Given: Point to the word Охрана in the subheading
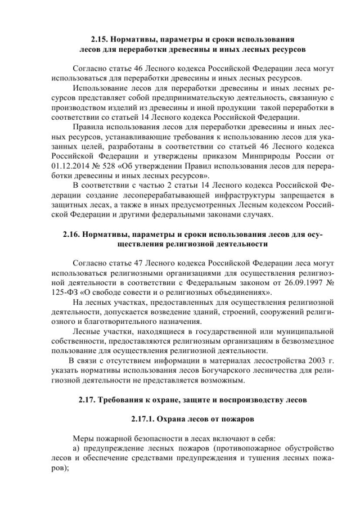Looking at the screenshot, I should (x=167, y=419).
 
